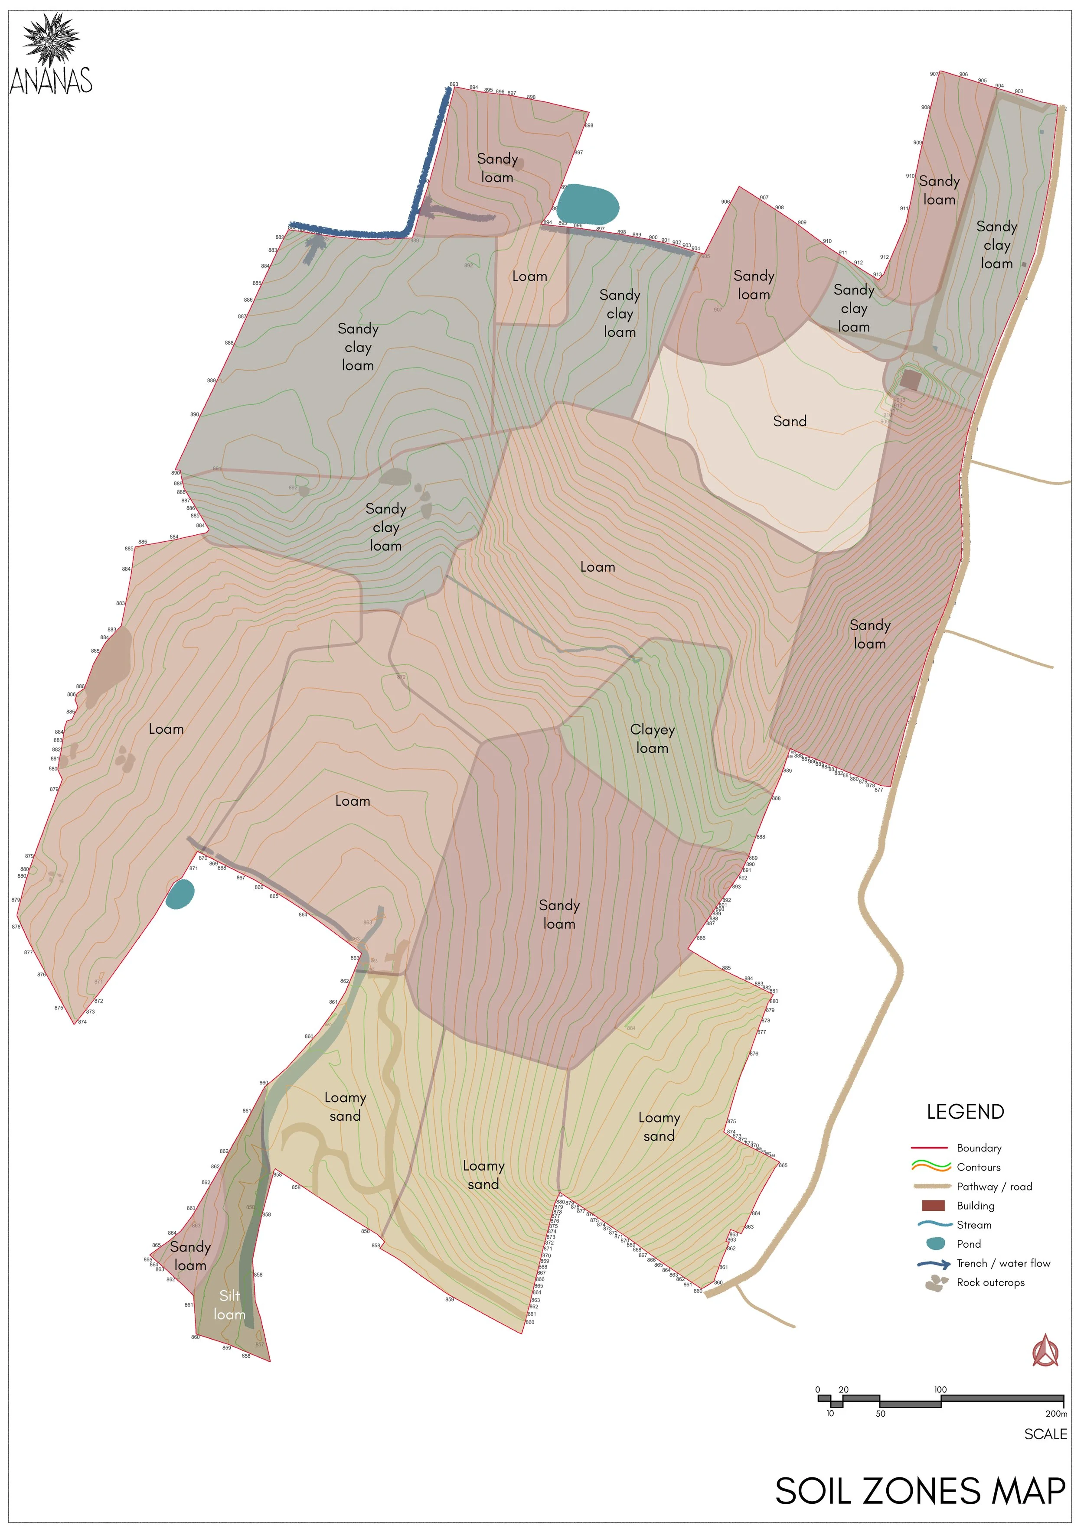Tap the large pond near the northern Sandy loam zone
pyautogui.click(x=588, y=204)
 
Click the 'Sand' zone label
pyautogui.click(x=790, y=421)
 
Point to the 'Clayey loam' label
pyautogui.click(x=652, y=738)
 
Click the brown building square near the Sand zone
pyautogui.click(x=911, y=381)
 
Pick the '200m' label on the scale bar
pyautogui.click(x=1056, y=1413)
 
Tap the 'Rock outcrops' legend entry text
pyautogui.click(x=990, y=1282)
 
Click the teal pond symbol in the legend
pyautogui.click(x=937, y=1244)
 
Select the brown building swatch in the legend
pyautogui.click(x=933, y=1206)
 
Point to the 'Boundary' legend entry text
pyautogui.click(x=979, y=1148)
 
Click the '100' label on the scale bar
pyautogui.click(x=940, y=1389)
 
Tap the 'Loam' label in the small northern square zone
pyautogui.click(x=529, y=276)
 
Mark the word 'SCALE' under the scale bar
pyautogui.click(x=1045, y=1434)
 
